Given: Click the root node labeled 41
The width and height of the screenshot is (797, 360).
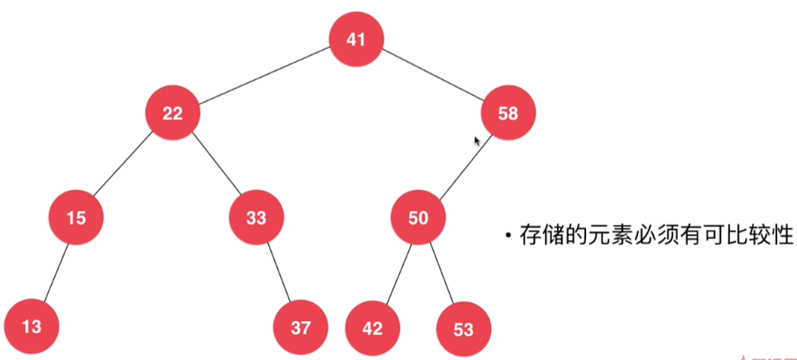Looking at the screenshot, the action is (356, 40).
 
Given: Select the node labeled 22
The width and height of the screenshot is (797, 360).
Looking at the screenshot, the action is (172, 113).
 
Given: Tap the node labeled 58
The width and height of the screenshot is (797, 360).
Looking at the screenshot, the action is (508, 113).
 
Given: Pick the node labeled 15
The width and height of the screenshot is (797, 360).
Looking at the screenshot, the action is (76, 217).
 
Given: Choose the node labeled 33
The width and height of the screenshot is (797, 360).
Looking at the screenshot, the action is (257, 217).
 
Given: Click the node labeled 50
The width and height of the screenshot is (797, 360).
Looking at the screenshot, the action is (418, 217).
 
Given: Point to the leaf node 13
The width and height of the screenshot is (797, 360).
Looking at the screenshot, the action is (31, 326).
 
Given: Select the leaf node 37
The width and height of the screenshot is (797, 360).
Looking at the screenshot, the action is (300, 327).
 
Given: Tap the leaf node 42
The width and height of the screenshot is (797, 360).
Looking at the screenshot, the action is (372, 328).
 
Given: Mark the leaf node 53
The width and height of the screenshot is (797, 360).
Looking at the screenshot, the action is (463, 329).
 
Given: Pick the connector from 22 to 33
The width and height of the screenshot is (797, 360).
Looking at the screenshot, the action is (215, 165).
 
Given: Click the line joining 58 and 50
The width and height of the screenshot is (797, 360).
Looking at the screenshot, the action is (463, 165).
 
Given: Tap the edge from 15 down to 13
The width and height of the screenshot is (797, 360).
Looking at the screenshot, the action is (55, 272).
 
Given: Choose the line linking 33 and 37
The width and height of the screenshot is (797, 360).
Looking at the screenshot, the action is (279, 272).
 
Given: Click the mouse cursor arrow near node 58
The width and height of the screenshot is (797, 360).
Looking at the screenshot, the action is (476, 140).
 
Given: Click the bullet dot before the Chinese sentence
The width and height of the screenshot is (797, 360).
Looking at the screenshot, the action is (508, 235).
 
